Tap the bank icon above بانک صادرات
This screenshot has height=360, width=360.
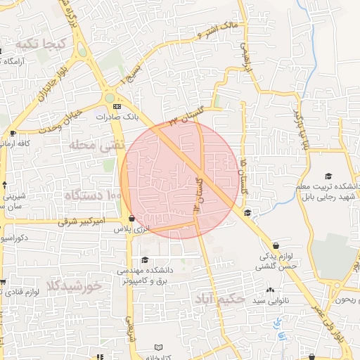[x=116, y=105]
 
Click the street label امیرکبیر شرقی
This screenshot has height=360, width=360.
[x=99, y=221]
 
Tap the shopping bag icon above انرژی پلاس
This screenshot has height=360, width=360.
[x=132, y=219]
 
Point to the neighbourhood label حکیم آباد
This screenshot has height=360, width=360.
[x=221, y=299]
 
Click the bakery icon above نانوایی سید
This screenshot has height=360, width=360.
[x=270, y=290]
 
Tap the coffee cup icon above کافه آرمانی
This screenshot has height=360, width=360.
[x=13, y=134]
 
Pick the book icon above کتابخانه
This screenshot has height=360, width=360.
[x=159, y=347]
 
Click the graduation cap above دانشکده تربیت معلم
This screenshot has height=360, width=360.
[x=328, y=176]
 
